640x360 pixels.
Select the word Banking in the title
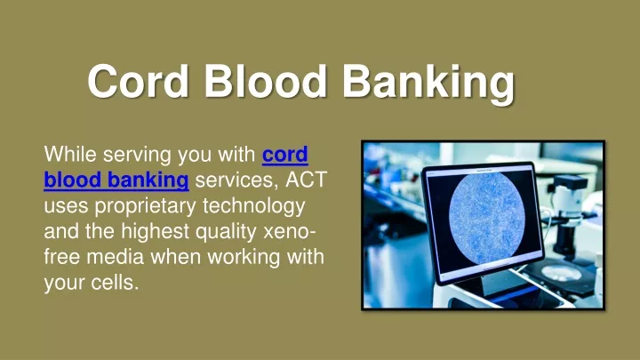(x=428, y=84)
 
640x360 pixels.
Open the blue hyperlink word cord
(x=285, y=155)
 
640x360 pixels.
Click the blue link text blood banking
(x=116, y=180)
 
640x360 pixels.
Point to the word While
(x=70, y=155)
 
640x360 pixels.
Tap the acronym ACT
(x=307, y=180)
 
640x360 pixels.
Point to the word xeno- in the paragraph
(x=290, y=231)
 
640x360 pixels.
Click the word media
(x=116, y=257)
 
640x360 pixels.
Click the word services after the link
(x=237, y=180)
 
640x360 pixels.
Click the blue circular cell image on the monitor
(x=486, y=217)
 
